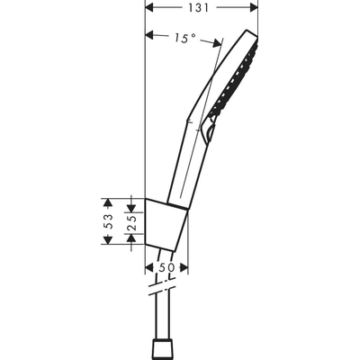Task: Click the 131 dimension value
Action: click(x=201, y=8)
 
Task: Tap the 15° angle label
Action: click(x=184, y=38)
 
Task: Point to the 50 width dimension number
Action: click(x=166, y=268)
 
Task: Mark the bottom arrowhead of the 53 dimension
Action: click(x=108, y=247)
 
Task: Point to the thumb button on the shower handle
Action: click(x=211, y=133)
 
